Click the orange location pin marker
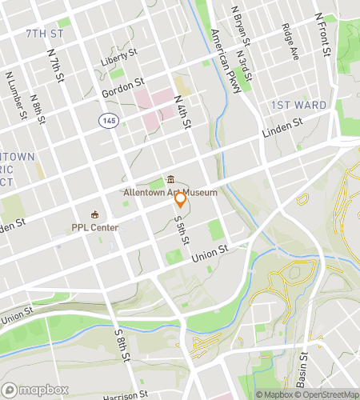tap(181, 199)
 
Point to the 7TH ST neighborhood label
tap(45, 34)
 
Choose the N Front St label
tap(324, 34)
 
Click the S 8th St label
tap(121, 344)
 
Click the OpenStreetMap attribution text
tap(329, 394)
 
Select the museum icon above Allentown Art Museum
tap(170, 179)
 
